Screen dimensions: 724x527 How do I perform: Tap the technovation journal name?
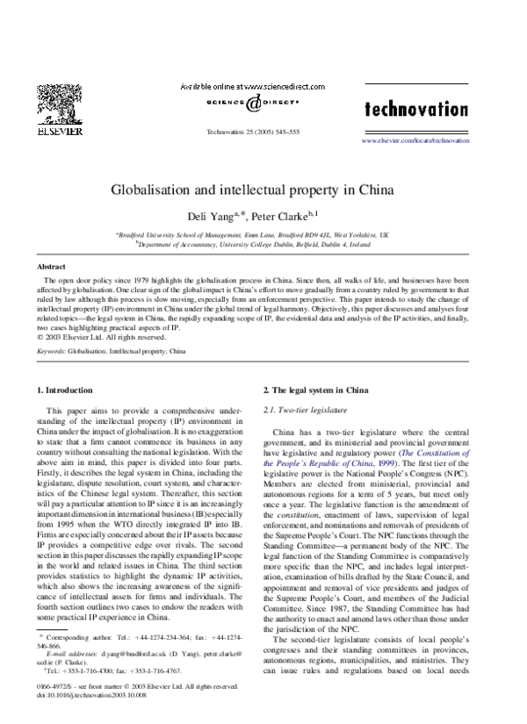point(415,109)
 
